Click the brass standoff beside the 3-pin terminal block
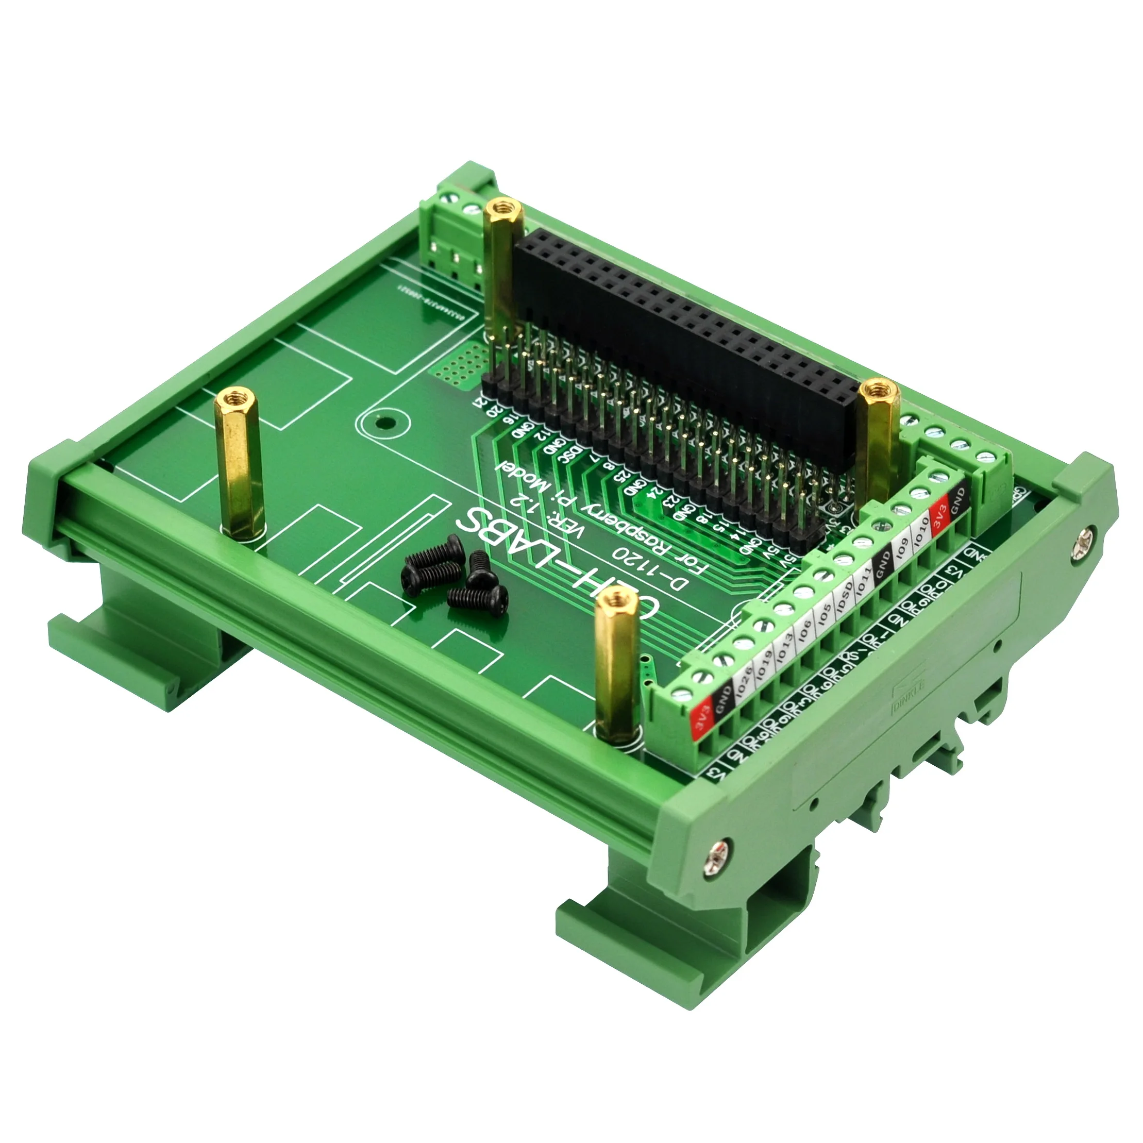(505, 266)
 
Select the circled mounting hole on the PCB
(385, 423)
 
